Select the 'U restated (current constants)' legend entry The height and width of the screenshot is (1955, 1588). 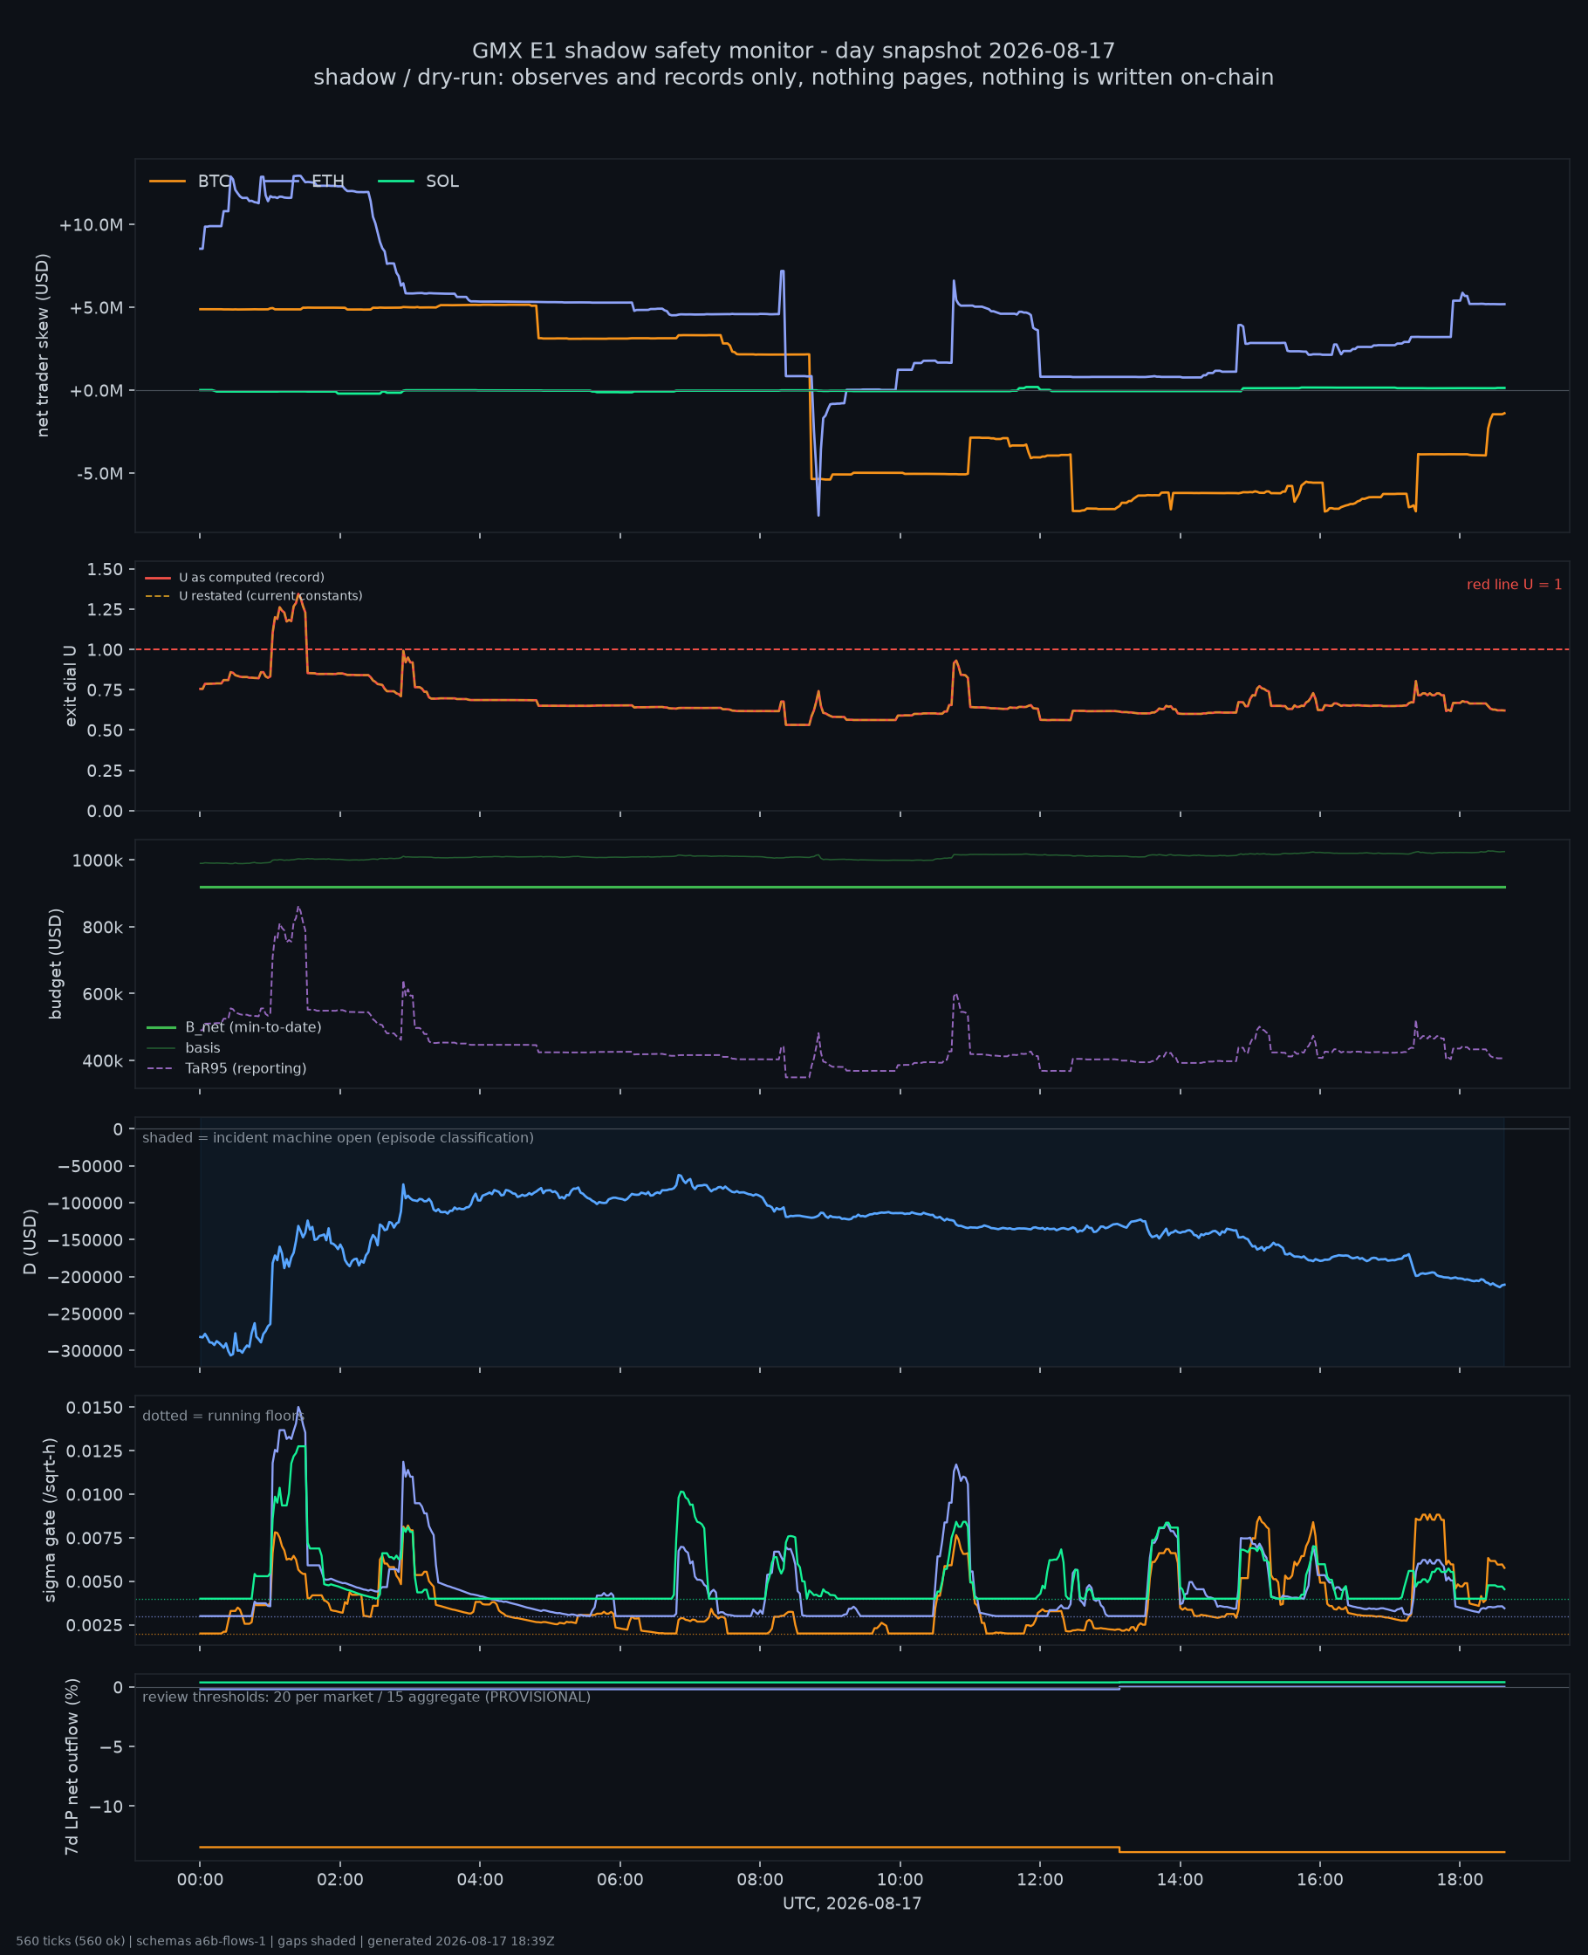[253, 596]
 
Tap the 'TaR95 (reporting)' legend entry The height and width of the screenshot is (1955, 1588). [226, 1068]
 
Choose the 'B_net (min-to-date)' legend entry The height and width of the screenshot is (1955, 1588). [233, 1027]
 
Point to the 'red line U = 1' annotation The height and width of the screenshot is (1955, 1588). [1514, 585]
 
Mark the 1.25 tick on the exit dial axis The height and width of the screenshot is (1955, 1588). [105, 609]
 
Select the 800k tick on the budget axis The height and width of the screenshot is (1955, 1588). [101, 928]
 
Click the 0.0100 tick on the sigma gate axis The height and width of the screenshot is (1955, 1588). [94, 1495]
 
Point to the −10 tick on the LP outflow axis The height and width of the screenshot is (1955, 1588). [107, 1807]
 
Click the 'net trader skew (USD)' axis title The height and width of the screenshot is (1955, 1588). [43, 345]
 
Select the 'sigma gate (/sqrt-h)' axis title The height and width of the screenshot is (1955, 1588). [51, 1519]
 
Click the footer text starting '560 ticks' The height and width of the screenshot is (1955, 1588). [285, 1941]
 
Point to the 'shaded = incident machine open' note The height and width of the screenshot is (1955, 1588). [338, 1138]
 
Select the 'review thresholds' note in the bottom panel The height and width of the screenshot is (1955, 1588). [366, 1698]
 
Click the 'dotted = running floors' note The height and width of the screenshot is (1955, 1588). [222, 1417]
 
